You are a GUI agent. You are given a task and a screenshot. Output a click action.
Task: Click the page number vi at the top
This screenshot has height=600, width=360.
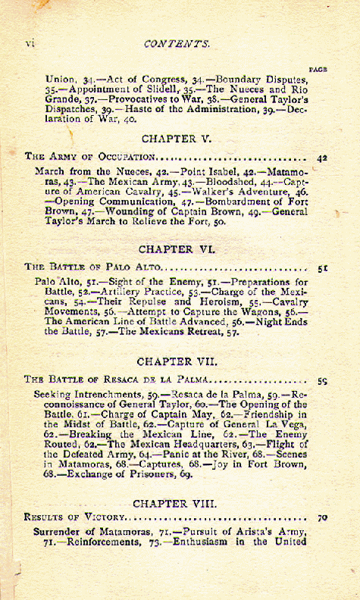coord(30,43)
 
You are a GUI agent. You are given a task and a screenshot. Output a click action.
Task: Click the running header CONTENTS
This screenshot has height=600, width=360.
coord(176,44)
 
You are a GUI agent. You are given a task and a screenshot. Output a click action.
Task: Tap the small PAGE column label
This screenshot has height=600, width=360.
coord(318,69)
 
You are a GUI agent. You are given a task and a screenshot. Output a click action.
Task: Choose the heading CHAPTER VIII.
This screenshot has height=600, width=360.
coord(174,503)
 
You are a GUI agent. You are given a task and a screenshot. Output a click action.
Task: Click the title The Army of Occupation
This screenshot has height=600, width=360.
coord(90,157)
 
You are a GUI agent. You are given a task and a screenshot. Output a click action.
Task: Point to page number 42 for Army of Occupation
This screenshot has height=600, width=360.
coord(322,158)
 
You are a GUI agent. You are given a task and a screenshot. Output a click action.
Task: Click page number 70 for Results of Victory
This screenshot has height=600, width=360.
coord(322,520)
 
